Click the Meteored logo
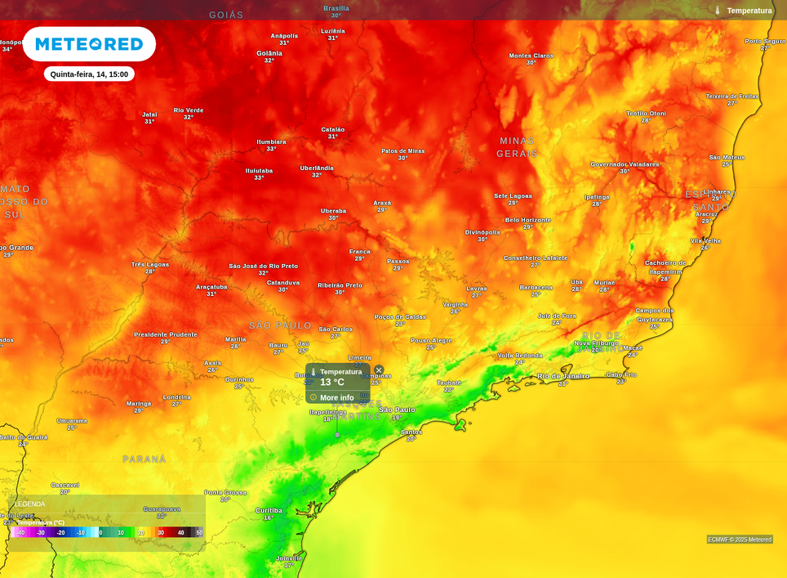[x=89, y=44]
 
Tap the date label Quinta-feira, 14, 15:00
[x=89, y=74]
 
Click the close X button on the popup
[x=379, y=370]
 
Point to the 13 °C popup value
[x=332, y=383]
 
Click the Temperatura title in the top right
[x=749, y=11]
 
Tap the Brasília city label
[x=336, y=8]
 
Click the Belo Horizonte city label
[x=527, y=220]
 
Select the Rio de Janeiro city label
[x=563, y=376]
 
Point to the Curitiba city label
[x=269, y=510]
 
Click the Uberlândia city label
[x=317, y=168]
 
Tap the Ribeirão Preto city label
[x=340, y=285]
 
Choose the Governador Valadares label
[x=625, y=164]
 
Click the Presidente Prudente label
[x=166, y=334]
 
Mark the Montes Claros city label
[x=531, y=56]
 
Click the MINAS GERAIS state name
[x=517, y=147]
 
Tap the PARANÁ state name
[x=145, y=459]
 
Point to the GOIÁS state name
[x=226, y=15]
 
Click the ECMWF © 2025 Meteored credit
[x=740, y=540]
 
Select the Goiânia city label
[x=269, y=53]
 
